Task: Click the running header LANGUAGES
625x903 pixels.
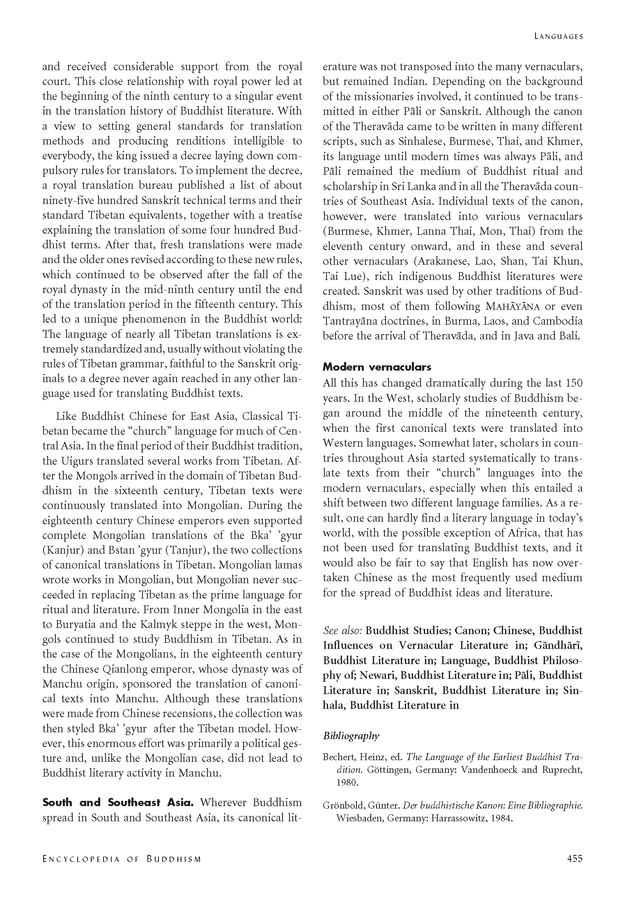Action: coord(558,36)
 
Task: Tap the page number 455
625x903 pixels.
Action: coord(574,858)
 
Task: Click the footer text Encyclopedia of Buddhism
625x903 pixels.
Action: coord(122,859)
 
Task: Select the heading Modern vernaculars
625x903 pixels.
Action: coord(377,367)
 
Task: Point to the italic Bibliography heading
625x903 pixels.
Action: coord(351,736)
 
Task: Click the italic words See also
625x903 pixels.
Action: coord(342,630)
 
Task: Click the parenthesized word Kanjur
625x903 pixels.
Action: coord(64,550)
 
